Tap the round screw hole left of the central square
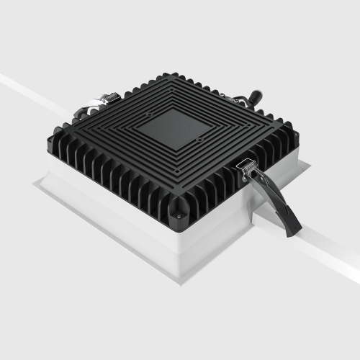tap(149, 114)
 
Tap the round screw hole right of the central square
tap(200, 138)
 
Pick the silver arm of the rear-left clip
tap(92, 108)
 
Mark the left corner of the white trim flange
tap(34, 184)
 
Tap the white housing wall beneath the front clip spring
tap(238, 216)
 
